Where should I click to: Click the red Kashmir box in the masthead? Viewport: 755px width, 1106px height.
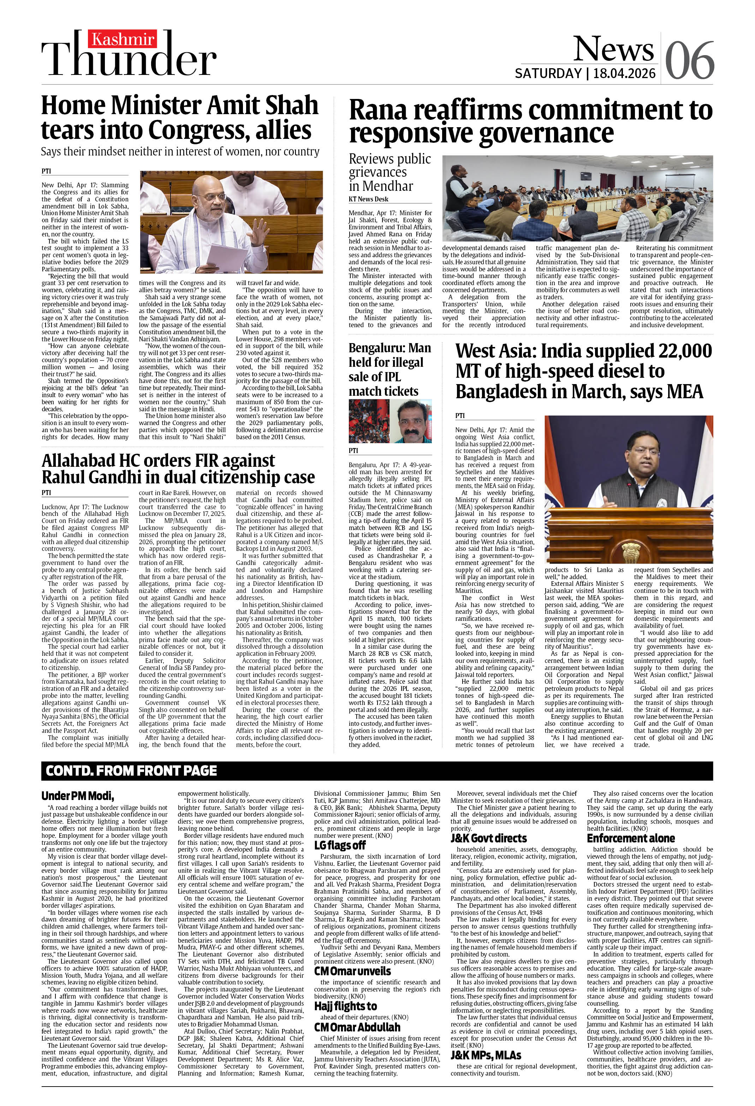(123, 39)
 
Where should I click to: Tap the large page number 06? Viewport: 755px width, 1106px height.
(689, 60)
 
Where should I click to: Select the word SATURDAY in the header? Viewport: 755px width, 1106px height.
(548, 73)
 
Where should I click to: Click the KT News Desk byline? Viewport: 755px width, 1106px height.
(368, 199)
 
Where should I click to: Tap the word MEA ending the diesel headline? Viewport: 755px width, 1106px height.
(680, 392)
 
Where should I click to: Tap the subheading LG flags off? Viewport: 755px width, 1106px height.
(340, 845)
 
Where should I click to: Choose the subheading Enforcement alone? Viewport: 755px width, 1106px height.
(630, 838)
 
